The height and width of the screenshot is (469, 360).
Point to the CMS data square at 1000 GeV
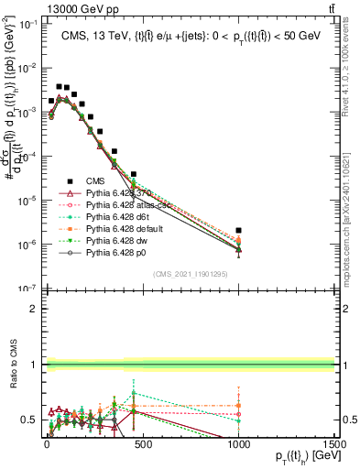tap(238, 231)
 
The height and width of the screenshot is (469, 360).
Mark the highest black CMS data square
tap(59, 87)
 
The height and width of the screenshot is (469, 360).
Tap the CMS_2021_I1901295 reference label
tap(189, 274)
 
